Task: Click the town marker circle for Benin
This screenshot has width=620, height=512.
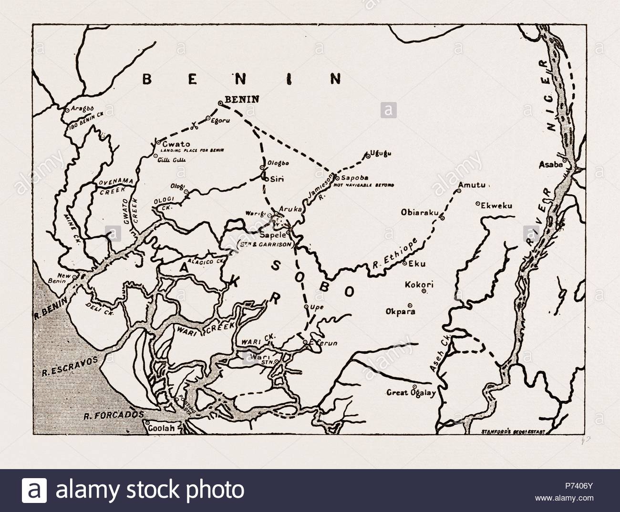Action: coord(220,103)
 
